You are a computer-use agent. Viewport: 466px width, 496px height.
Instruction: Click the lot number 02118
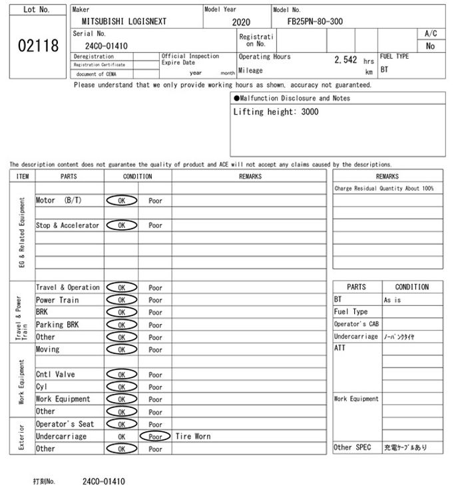37,47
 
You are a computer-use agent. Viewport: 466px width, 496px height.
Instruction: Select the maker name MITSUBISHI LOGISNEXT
119,21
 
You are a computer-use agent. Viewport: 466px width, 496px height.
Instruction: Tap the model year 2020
241,22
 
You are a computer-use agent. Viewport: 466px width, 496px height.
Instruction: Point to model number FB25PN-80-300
315,21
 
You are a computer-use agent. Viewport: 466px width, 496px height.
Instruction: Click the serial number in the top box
107,46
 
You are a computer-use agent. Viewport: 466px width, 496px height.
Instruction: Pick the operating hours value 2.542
346,60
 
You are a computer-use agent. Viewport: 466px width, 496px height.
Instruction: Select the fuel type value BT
385,69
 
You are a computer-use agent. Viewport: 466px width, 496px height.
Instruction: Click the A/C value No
430,47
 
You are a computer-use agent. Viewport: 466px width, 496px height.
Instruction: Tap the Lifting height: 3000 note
276,112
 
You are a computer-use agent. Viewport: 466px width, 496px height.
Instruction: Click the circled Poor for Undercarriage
155,437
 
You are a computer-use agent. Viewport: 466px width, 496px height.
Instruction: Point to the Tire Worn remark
193,437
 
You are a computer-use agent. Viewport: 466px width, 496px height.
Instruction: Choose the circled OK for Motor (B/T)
121,201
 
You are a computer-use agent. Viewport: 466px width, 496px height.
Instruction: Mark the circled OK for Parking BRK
121,325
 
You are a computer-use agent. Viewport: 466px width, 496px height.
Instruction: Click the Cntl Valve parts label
55,375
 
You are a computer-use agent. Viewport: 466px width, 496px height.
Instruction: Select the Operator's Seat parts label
65,424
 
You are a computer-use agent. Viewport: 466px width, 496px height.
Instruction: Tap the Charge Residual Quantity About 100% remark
384,189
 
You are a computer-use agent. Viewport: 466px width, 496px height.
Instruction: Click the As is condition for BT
392,300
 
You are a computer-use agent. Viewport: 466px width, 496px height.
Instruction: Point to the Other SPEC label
352,447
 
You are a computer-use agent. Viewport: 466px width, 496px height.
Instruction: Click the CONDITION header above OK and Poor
138,177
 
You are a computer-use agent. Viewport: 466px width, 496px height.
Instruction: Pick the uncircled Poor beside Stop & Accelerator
155,225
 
